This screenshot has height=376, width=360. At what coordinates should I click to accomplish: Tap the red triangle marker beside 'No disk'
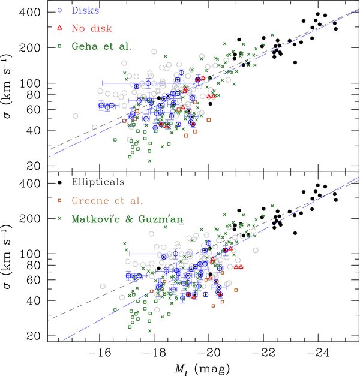point(60,28)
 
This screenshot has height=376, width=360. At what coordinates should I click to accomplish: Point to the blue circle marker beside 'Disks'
point(60,10)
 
